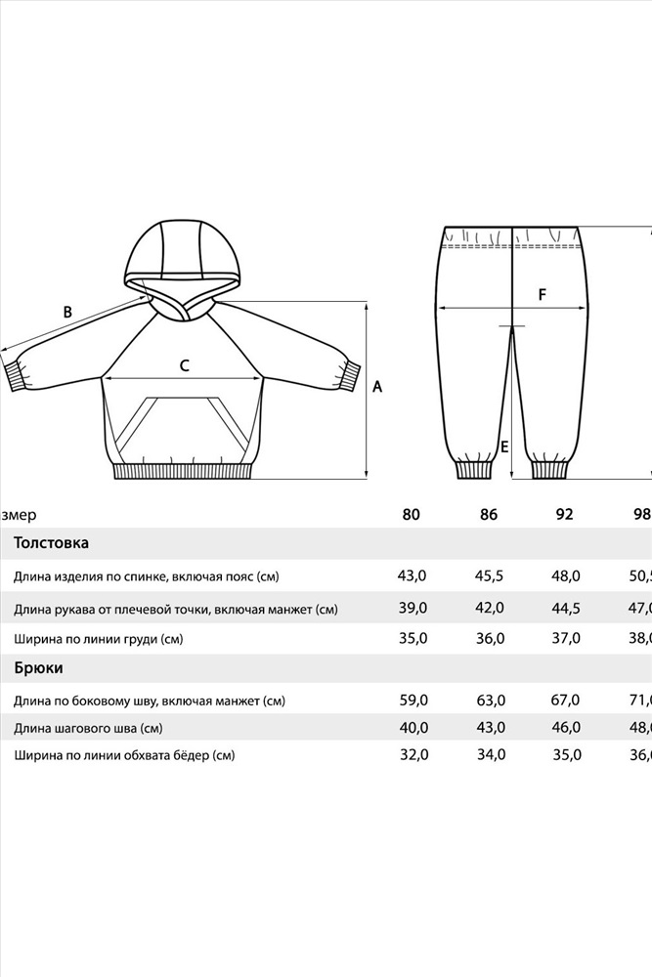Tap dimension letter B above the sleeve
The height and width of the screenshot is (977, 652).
(x=67, y=313)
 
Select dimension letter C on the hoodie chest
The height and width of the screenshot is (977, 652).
(x=184, y=365)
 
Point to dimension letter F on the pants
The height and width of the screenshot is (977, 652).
(x=542, y=294)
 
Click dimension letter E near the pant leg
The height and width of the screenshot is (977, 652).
(x=504, y=446)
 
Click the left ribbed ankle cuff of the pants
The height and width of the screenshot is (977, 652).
(x=474, y=468)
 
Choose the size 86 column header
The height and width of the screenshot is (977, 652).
(x=489, y=515)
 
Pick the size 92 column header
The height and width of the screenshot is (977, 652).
(x=564, y=515)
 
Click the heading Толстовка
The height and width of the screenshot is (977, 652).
(x=51, y=542)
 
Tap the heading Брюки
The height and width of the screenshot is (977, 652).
(x=39, y=668)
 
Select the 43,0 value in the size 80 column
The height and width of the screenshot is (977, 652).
(x=412, y=575)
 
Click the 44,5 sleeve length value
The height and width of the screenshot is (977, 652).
(x=565, y=608)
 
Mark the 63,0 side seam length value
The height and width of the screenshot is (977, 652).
(x=489, y=701)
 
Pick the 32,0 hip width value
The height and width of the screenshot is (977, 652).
(x=413, y=754)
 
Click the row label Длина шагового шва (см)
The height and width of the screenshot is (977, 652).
(x=88, y=728)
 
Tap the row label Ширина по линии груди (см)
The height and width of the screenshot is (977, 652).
(x=98, y=639)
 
